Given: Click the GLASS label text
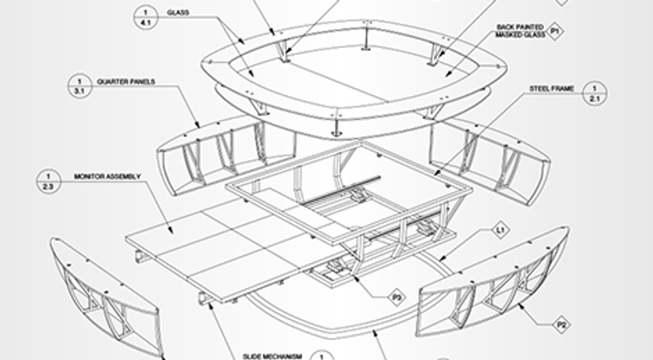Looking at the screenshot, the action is coord(177,12).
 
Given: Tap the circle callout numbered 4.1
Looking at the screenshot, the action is coord(146,17).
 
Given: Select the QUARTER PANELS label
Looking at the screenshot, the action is coord(125,81).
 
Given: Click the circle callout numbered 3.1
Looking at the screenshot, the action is coord(80,86).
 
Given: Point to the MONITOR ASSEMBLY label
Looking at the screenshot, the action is coord(107,177).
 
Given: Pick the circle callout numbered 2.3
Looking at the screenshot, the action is coord(48,182).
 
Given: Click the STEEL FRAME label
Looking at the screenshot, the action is coord(552,89).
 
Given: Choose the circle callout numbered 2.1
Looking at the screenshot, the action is coord(594,94).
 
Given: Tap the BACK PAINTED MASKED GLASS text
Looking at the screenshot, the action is coord(520,31).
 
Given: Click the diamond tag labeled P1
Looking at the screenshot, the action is coord(554,31).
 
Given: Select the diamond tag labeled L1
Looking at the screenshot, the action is coord(501,230).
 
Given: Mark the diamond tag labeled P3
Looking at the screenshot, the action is coord(397,297).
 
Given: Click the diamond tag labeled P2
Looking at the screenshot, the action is coord(561,324).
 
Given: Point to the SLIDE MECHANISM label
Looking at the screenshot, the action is coord(273,357).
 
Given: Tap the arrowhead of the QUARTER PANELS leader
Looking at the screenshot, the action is coord(197,124).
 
